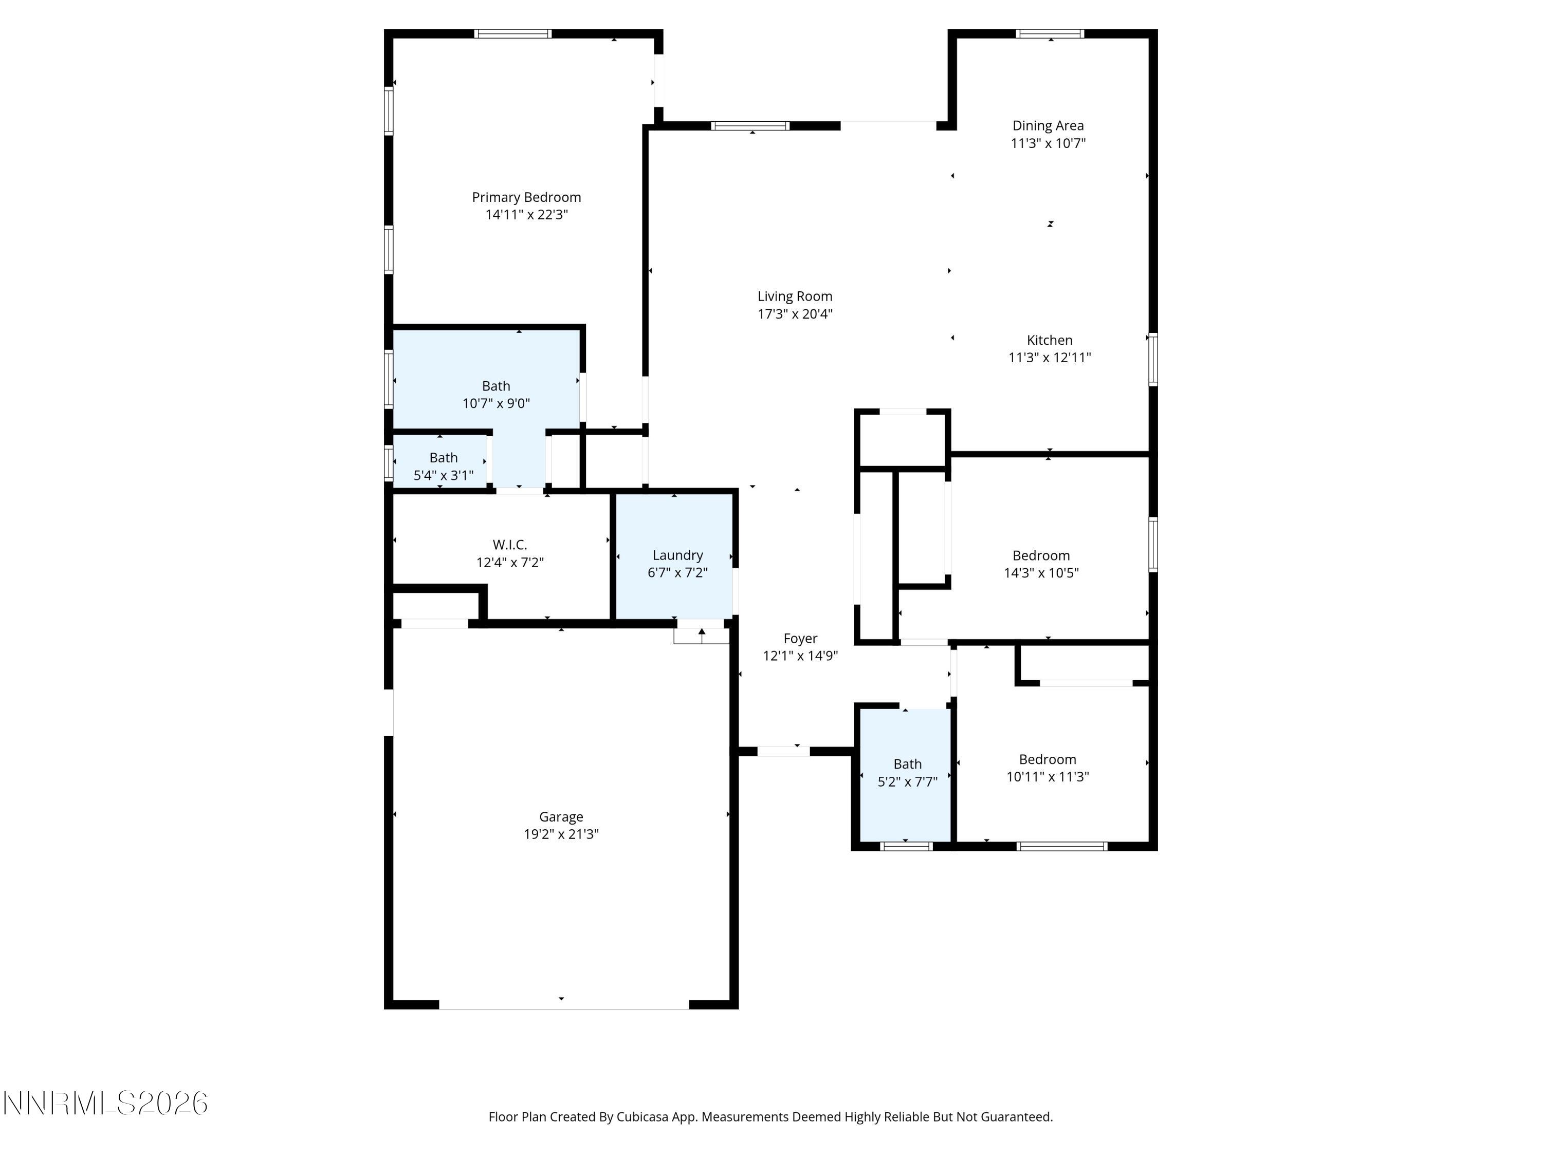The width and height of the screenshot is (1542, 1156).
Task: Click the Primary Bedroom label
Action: (x=526, y=197)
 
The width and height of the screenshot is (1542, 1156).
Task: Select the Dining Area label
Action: (x=1048, y=125)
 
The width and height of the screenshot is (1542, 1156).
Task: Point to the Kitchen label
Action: (x=1049, y=340)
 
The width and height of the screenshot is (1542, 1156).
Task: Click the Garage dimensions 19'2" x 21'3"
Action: (x=561, y=834)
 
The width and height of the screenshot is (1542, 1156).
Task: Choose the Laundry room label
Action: (x=677, y=555)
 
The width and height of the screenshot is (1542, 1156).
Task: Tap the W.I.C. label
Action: (x=509, y=545)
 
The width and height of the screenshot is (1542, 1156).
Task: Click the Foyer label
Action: (x=800, y=638)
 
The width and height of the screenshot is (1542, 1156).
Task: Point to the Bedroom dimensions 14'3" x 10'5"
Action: (x=1041, y=573)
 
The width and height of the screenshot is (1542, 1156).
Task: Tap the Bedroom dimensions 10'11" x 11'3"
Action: (x=1047, y=776)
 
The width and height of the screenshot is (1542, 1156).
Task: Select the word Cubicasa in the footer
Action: (x=642, y=1117)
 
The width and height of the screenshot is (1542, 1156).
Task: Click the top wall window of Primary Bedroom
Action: (x=512, y=33)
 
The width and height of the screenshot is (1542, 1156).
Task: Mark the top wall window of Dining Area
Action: (x=1049, y=33)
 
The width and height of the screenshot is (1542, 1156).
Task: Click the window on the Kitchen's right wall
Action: (x=1153, y=360)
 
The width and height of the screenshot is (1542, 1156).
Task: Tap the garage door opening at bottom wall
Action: (x=563, y=1004)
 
